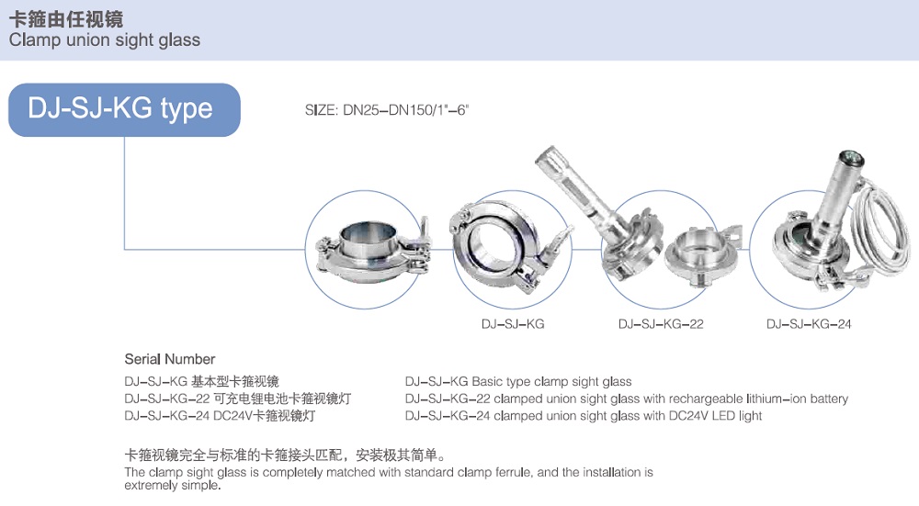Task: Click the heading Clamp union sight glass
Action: coord(104,40)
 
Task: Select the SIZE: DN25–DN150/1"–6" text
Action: coord(387,110)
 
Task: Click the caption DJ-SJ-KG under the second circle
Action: coord(513,324)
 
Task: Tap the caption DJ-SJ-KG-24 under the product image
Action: coord(809,324)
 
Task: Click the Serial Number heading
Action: coord(170,359)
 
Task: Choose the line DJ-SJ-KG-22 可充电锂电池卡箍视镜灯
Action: coord(237,399)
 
